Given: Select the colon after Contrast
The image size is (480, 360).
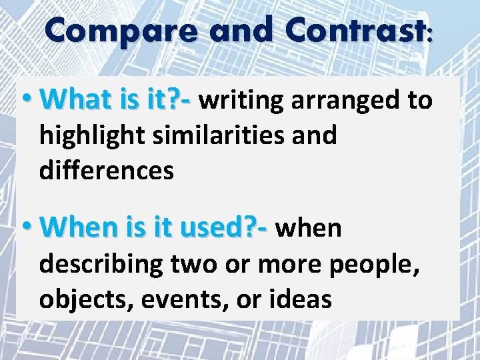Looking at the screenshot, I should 428,35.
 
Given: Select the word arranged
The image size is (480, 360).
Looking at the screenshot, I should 340,101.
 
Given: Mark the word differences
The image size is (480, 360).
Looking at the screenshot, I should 107,170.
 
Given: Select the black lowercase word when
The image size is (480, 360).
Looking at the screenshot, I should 309,228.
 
